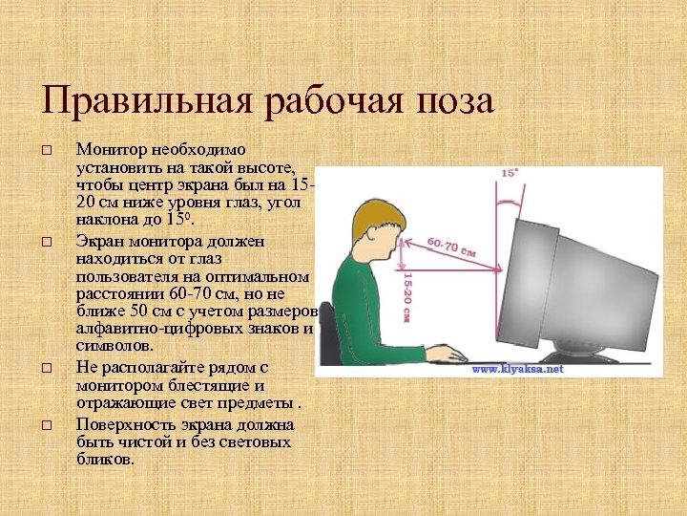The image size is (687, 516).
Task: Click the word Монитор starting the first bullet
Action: (110, 150)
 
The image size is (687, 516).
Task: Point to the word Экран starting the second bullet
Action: (99, 240)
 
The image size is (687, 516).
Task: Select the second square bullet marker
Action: (45, 242)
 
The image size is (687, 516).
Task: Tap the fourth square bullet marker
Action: (45, 425)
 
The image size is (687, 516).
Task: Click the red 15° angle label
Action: (510, 174)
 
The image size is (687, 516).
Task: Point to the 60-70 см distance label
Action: (454, 247)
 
